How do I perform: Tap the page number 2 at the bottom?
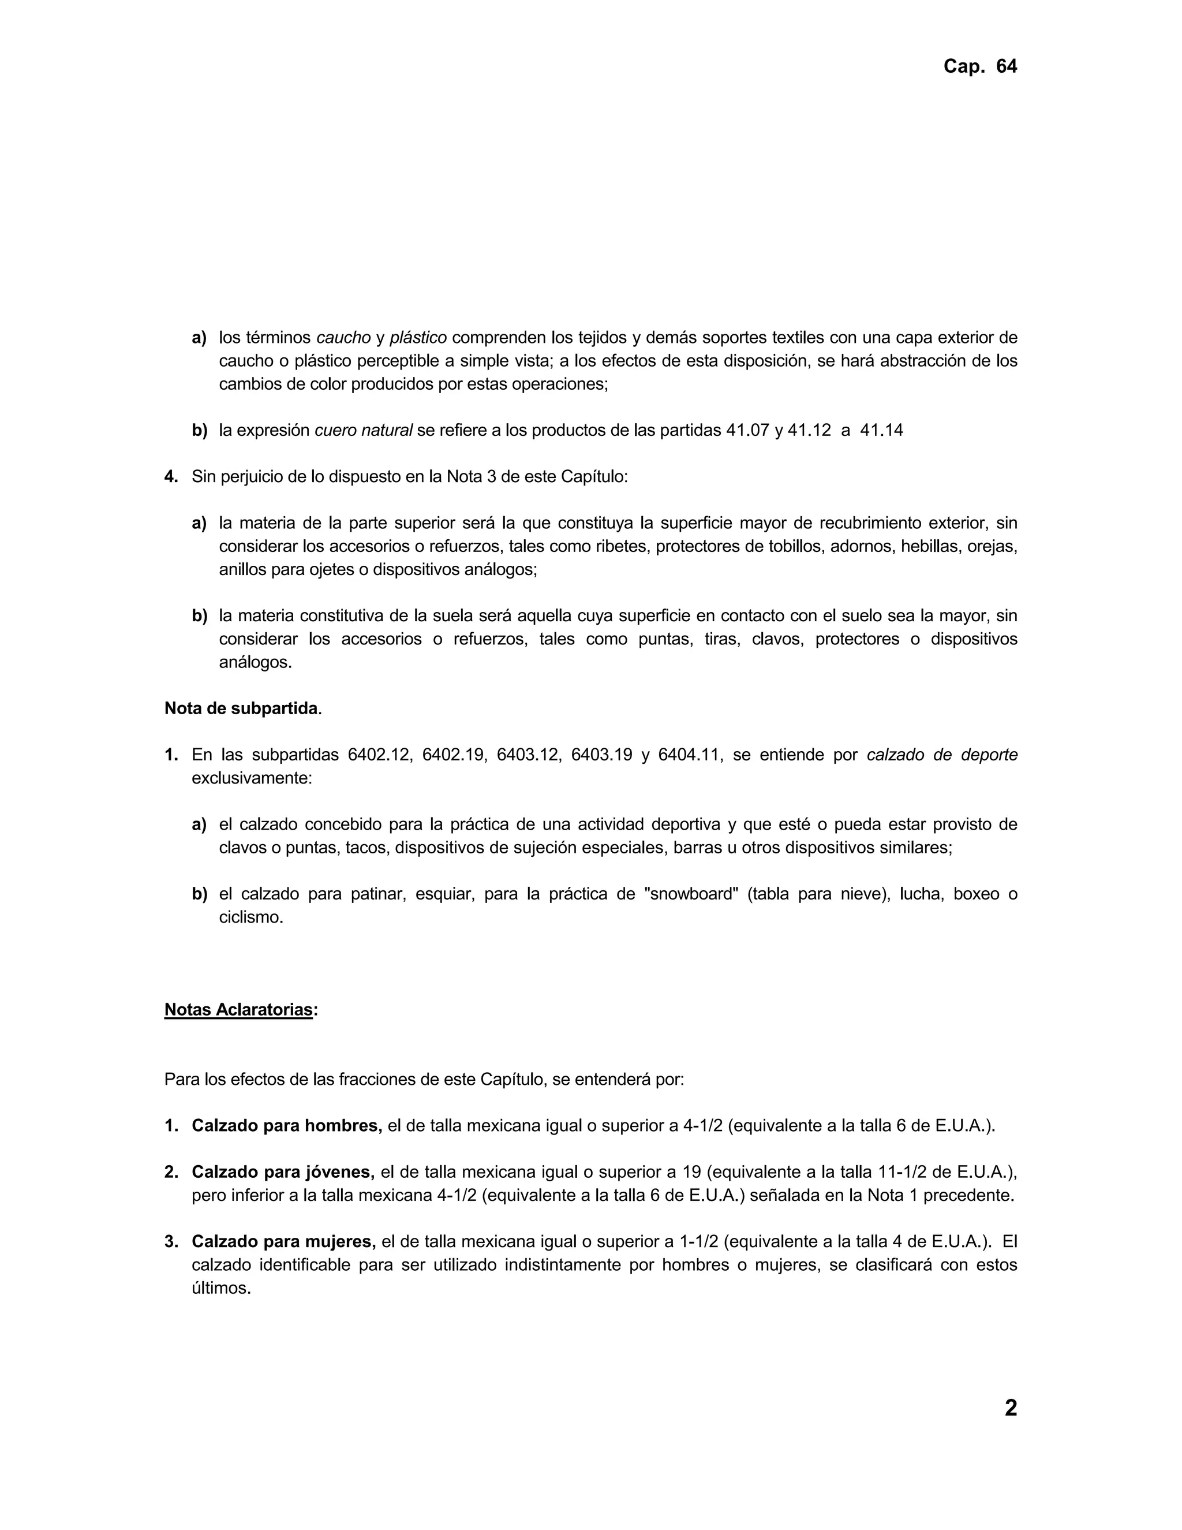[x=1011, y=1408]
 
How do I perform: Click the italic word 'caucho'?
[x=343, y=338]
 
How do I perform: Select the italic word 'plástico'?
[x=418, y=338]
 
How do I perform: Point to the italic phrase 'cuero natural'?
[x=364, y=430]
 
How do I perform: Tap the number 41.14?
[x=881, y=430]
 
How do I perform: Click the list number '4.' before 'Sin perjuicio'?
[x=171, y=477]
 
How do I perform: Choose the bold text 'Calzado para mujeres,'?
[x=283, y=1242]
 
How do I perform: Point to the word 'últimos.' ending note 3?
[x=221, y=1288]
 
